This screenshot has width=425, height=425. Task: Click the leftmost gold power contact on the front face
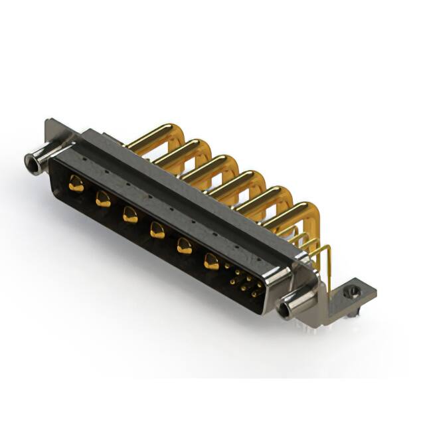(x=76, y=185)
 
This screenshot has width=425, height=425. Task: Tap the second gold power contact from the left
(x=103, y=198)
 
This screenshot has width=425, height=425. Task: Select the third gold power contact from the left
(x=130, y=214)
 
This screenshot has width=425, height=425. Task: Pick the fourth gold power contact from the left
(x=157, y=230)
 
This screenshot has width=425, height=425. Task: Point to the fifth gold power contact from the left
(x=184, y=245)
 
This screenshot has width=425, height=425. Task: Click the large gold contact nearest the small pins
(x=211, y=261)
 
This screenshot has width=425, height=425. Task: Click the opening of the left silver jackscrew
(x=29, y=160)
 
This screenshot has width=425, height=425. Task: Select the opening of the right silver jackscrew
(x=286, y=309)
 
